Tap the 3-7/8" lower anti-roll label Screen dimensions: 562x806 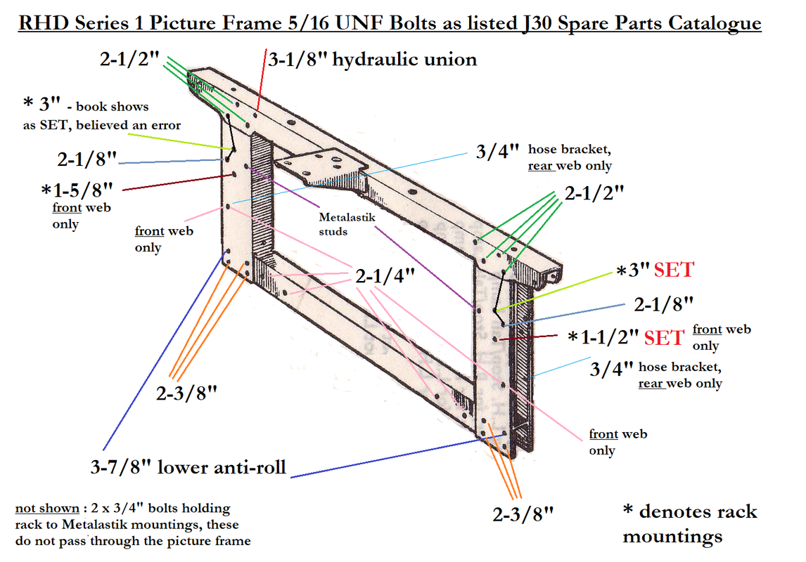point(188,466)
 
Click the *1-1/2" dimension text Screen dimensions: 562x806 point(603,337)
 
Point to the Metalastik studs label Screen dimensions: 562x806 point(347,223)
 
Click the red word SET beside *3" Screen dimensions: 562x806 point(674,269)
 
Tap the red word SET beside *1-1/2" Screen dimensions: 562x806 point(663,337)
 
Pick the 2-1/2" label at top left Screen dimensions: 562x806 point(130,60)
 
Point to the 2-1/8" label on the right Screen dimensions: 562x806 point(664,304)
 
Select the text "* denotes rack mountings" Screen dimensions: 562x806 point(689,523)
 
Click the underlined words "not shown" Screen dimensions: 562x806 point(46,508)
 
